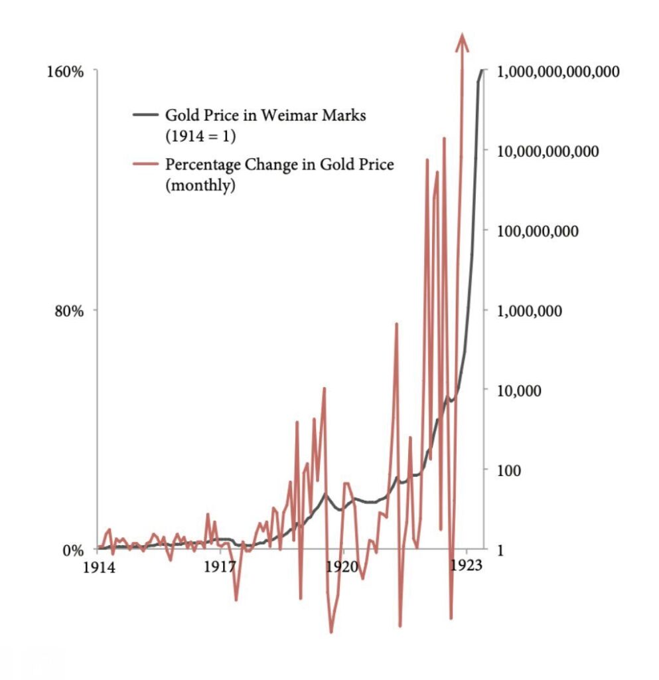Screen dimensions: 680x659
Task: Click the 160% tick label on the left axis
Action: click(64, 72)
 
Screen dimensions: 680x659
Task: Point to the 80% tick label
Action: click(68, 311)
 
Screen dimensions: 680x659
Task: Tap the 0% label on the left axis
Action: click(73, 551)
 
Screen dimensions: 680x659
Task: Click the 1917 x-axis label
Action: click(220, 568)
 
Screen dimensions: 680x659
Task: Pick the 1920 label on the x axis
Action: click(343, 568)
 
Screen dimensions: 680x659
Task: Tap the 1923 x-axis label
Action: click(466, 568)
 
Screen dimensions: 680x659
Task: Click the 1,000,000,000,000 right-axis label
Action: click(558, 72)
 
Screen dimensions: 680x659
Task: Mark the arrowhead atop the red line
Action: click(462, 41)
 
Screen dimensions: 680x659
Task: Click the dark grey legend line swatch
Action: click(146, 114)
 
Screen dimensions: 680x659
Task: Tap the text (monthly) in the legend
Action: click(200, 186)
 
